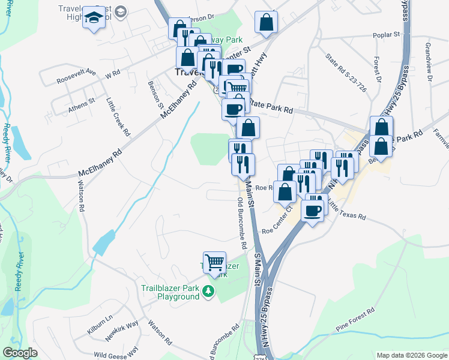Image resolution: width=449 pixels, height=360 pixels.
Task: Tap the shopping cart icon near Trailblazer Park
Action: (x=214, y=262)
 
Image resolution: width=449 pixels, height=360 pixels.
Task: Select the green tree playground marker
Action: (x=208, y=292)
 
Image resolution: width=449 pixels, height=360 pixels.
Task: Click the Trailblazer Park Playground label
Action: (x=170, y=292)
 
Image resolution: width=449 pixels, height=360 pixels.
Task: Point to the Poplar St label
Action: (x=387, y=36)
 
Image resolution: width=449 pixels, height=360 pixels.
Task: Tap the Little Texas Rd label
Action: (x=347, y=212)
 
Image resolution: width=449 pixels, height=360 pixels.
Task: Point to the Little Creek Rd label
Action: (x=118, y=118)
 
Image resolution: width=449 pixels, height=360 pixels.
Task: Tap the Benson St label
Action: (x=156, y=93)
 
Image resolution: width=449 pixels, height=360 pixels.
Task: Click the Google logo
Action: (x=20, y=353)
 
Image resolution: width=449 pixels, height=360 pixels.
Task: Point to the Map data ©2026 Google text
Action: (x=412, y=355)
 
